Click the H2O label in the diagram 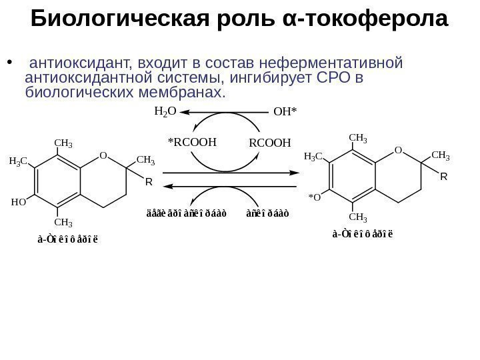point(165,112)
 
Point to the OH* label point(285,113)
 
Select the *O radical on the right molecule point(314,197)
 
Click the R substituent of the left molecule point(149,181)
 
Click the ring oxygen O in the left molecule point(103,156)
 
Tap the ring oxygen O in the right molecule point(398,151)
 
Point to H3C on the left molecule point(18,161)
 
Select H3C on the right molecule point(313,157)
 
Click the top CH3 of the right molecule point(358,138)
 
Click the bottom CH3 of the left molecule point(63,221)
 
